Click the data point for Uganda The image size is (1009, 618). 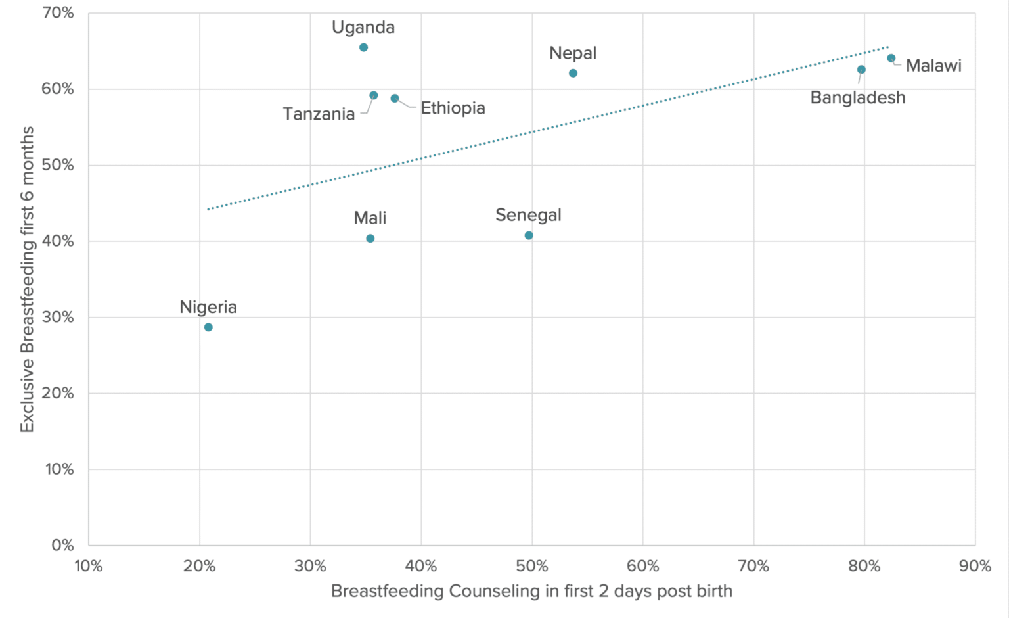pos(363,47)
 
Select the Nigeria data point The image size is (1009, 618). pos(208,327)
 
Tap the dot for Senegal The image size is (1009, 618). pos(529,235)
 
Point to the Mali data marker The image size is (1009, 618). pos(370,239)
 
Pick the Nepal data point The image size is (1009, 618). pos(573,73)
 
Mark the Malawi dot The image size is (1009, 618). pos(891,59)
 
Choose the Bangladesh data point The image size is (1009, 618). pos(861,70)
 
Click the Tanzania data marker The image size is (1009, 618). pos(374,95)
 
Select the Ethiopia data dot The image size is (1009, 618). pos(395,99)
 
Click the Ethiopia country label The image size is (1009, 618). pos(453,108)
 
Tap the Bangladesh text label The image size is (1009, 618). pos(857,98)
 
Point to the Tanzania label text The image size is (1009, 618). pos(319,114)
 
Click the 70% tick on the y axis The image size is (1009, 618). pos(58,13)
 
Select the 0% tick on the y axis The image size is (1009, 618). pos(63,545)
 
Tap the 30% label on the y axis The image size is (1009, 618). pos(58,317)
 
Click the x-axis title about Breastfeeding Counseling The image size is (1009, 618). pos(531,591)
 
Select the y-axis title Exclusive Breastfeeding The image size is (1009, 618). pos(27,279)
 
